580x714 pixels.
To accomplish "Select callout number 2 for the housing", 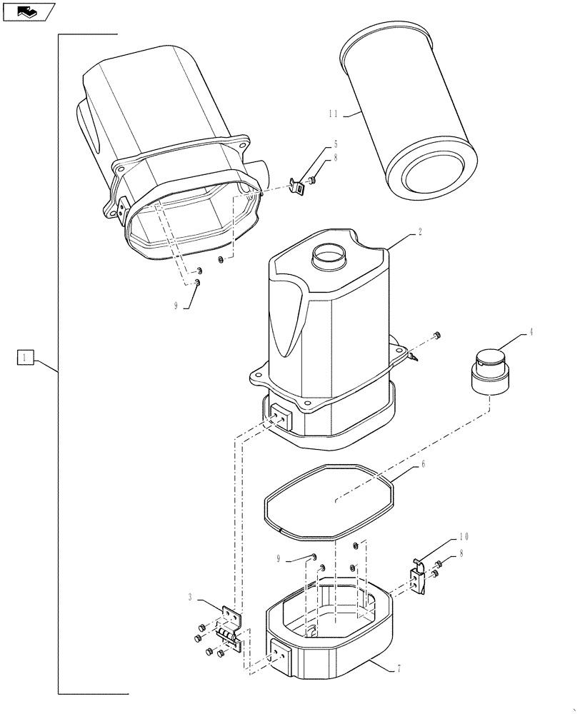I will (421, 232).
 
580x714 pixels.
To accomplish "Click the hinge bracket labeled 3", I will (229, 625).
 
